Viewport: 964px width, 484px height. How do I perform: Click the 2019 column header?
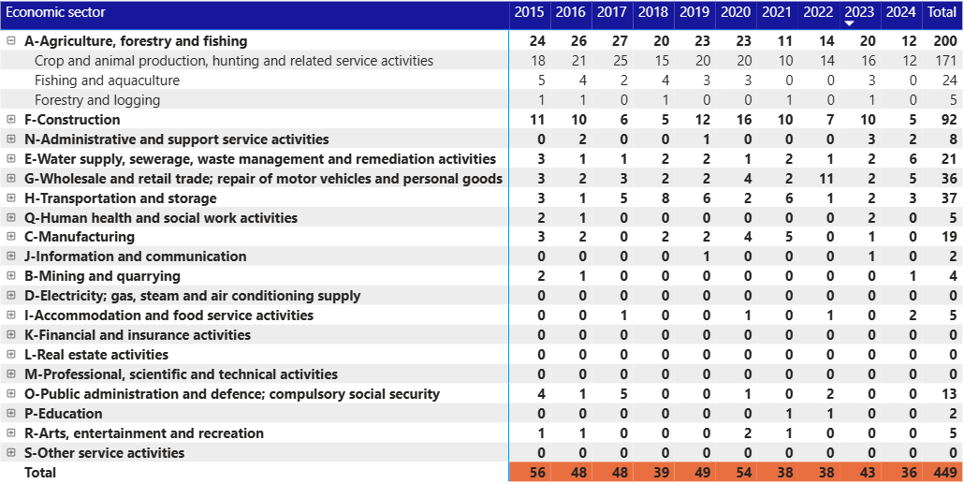(694, 12)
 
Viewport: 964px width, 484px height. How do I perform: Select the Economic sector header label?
(55, 12)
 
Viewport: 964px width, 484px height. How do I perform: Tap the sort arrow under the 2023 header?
(849, 23)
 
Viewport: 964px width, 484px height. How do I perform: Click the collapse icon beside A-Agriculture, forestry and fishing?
(11, 41)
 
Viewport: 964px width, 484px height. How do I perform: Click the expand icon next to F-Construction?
(11, 120)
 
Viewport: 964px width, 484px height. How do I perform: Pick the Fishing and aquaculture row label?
(107, 81)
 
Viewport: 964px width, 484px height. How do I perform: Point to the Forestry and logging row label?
(97, 100)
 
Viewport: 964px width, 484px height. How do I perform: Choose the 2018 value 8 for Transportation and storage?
(665, 198)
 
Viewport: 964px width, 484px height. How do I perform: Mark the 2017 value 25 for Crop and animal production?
(621, 61)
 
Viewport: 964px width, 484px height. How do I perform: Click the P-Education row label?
(64, 414)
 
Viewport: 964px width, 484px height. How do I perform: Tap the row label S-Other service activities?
(104, 453)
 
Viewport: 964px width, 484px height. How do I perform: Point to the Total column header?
(941, 12)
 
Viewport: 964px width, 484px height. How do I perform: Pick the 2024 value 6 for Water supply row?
(913, 159)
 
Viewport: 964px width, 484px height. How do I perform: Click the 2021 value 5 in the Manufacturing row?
(787, 238)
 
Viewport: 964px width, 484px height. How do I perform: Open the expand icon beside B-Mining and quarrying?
(11, 276)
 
